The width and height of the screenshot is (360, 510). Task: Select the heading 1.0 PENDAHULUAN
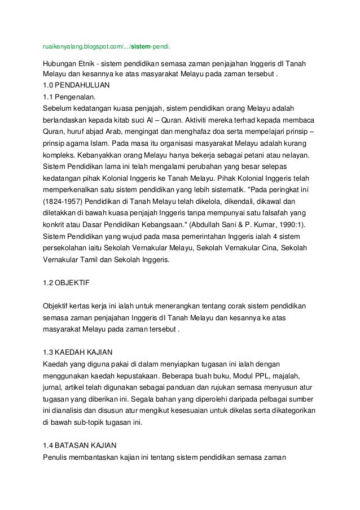76,85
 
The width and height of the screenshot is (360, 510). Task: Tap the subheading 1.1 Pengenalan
69,97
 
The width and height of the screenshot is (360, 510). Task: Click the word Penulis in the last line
55,457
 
